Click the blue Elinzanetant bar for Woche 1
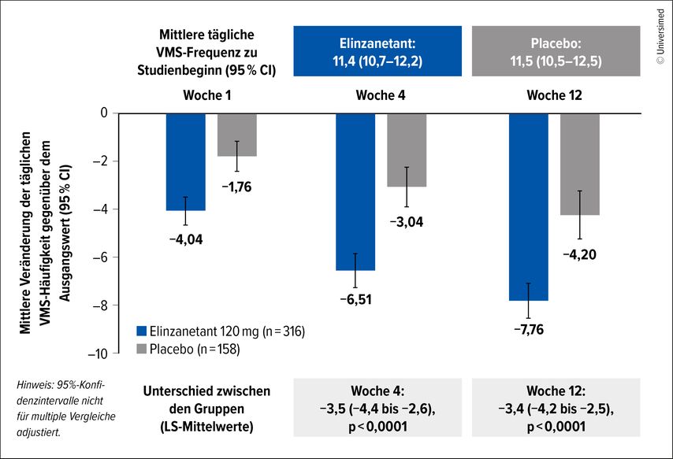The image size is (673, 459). pyautogui.click(x=186, y=161)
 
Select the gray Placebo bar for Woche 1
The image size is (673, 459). pyautogui.click(x=236, y=135)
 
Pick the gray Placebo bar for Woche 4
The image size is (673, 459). pyautogui.click(x=407, y=150)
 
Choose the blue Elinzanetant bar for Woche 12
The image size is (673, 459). pyautogui.click(x=530, y=206)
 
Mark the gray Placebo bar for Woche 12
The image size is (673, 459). pyautogui.click(x=579, y=164)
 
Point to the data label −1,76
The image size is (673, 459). pyautogui.click(x=236, y=187)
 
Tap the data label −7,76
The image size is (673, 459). pyautogui.click(x=530, y=330)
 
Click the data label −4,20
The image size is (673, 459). pyautogui.click(x=579, y=254)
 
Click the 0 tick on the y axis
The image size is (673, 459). pyautogui.click(x=102, y=113)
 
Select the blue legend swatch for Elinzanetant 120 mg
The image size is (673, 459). pyautogui.click(x=142, y=331)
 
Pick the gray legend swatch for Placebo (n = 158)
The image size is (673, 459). pyautogui.click(x=142, y=348)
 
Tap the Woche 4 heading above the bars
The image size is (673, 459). pyautogui.click(x=374, y=95)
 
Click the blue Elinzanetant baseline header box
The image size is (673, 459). pyautogui.click(x=377, y=51)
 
